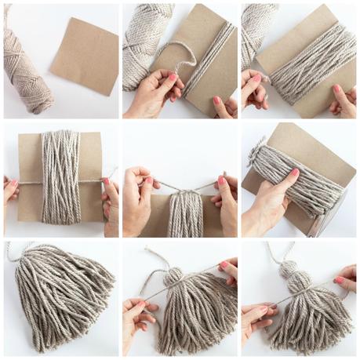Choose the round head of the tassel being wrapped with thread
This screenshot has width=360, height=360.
click(x=174, y=279)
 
